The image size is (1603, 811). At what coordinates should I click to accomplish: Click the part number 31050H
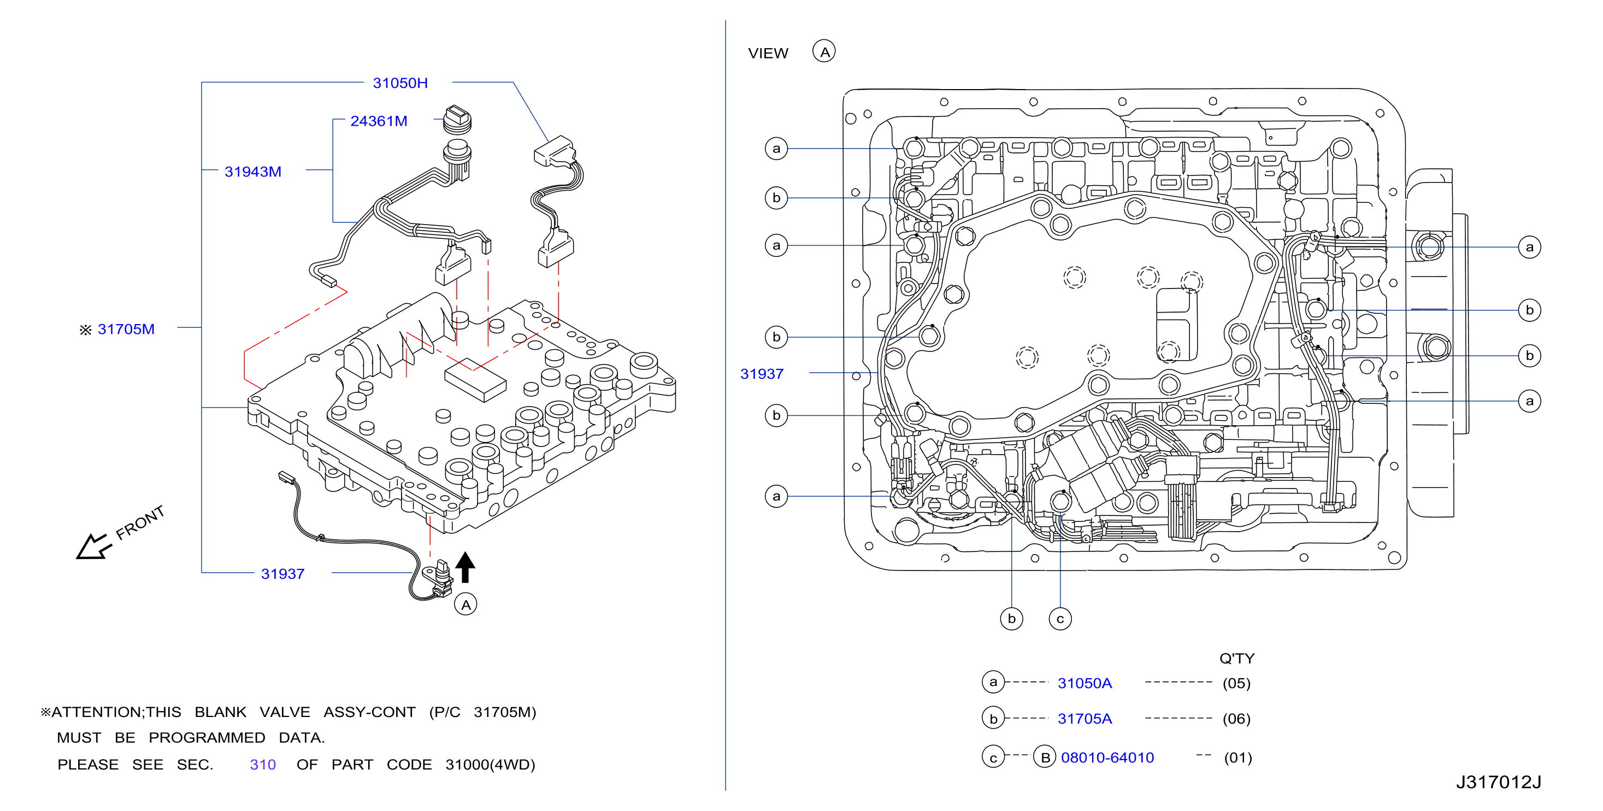[400, 83]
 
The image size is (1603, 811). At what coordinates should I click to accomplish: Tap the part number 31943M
[252, 171]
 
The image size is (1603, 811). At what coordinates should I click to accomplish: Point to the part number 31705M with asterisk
[117, 328]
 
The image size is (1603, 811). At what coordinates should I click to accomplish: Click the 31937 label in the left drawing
[282, 573]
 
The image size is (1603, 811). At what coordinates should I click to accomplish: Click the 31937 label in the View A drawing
[762, 373]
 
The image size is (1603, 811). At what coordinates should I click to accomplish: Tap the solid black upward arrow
[465, 566]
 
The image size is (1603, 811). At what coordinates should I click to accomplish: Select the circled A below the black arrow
[465, 604]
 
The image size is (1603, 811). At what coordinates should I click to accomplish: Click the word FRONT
[140, 522]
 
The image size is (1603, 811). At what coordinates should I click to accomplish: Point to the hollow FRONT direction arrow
[93, 547]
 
